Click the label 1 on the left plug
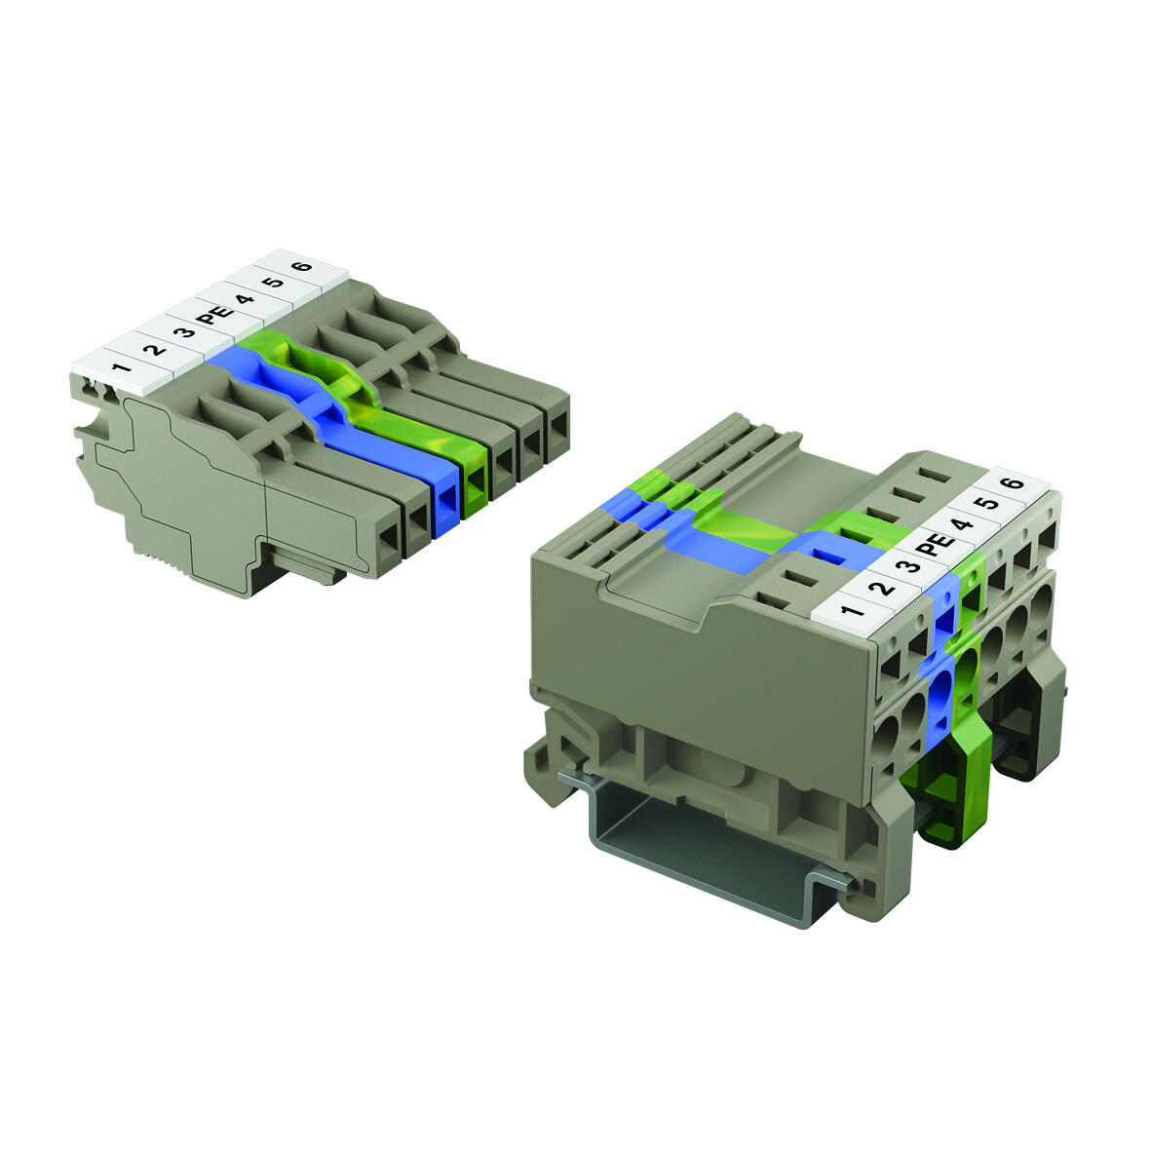tap(121, 368)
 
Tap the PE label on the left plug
tap(211, 316)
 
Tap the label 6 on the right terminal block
tap(1014, 484)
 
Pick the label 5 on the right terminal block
tap(987, 504)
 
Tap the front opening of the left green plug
tap(475, 484)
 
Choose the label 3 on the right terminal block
tap(907, 565)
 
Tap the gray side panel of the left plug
tap(195, 497)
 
